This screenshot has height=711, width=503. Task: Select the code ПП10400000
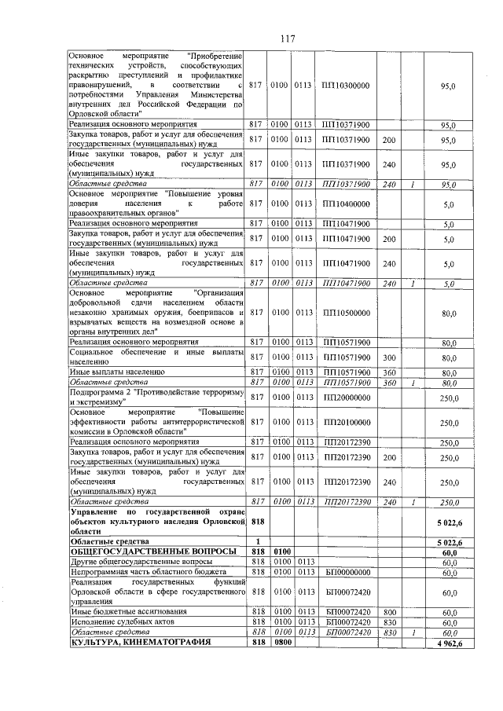click(x=345, y=203)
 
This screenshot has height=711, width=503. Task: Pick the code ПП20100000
click(x=345, y=422)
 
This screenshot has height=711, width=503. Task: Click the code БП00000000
click(x=345, y=574)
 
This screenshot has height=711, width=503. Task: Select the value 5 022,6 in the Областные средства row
click(x=449, y=542)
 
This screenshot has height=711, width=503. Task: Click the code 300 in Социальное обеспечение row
click(x=388, y=357)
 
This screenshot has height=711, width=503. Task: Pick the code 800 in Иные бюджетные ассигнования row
click(x=388, y=610)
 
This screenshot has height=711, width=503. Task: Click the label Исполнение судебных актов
click(x=116, y=621)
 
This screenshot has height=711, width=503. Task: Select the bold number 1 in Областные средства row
click(x=256, y=542)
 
